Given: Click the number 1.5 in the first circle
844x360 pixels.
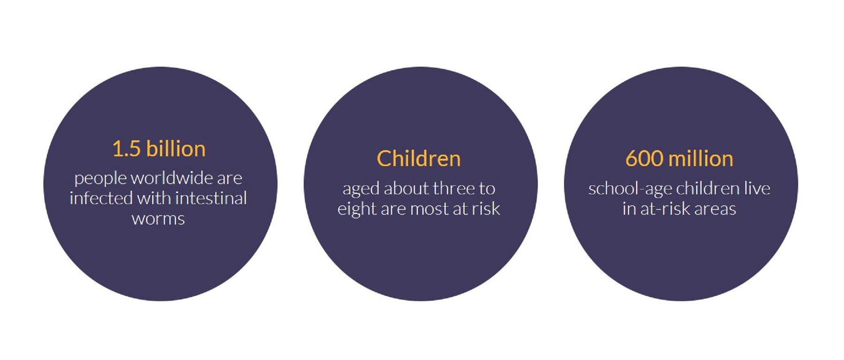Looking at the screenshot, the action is (126, 149).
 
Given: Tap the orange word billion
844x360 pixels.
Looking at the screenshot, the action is (176, 149).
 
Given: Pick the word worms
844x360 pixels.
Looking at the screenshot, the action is (158, 219).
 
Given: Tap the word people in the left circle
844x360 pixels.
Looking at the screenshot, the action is (100, 179).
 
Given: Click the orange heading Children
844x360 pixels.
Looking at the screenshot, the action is (419, 158).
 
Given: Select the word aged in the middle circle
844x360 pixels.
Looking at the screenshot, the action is (361, 189).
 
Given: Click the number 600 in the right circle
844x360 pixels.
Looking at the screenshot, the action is (644, 159).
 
